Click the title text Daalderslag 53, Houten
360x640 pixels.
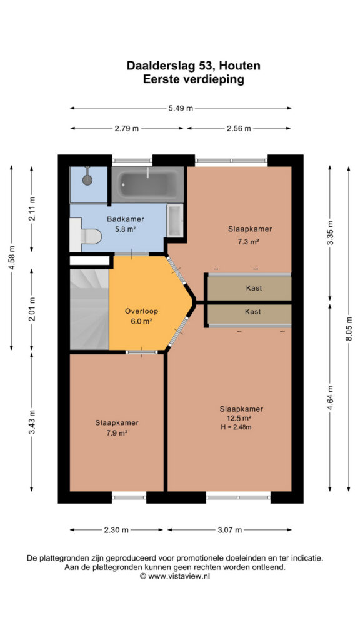point(194,65)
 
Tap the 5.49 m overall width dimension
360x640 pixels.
point(181,108)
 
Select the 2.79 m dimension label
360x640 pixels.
point(126,128)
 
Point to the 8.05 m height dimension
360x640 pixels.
point(349,329)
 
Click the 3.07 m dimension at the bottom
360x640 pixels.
point(229,530)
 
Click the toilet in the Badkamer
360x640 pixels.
point(85,235)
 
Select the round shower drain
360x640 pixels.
point(87,179)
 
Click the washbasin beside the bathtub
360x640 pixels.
point(175,221)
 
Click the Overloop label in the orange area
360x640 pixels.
point(141,311)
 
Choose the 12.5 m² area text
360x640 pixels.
point(239,418)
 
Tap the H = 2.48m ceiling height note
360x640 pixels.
point(239,427)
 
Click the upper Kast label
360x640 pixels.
point(254,288)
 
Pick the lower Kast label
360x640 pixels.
point(253,311)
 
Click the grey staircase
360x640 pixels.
point(89,309)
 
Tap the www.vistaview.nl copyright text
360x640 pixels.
point(175,576)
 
